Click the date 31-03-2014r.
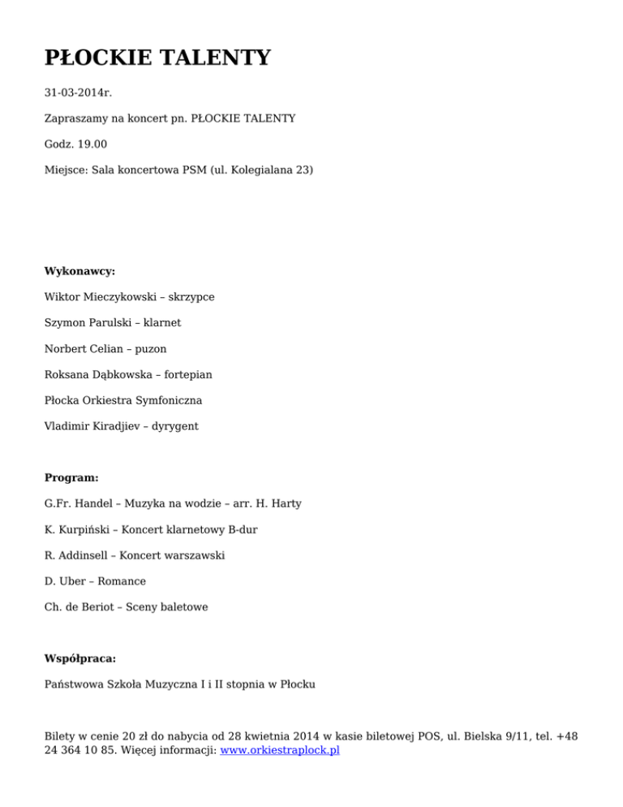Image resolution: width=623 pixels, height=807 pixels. point(78,93)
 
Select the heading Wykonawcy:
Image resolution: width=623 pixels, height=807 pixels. point(79,271)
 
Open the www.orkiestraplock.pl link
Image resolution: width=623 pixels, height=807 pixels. point(280,751)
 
